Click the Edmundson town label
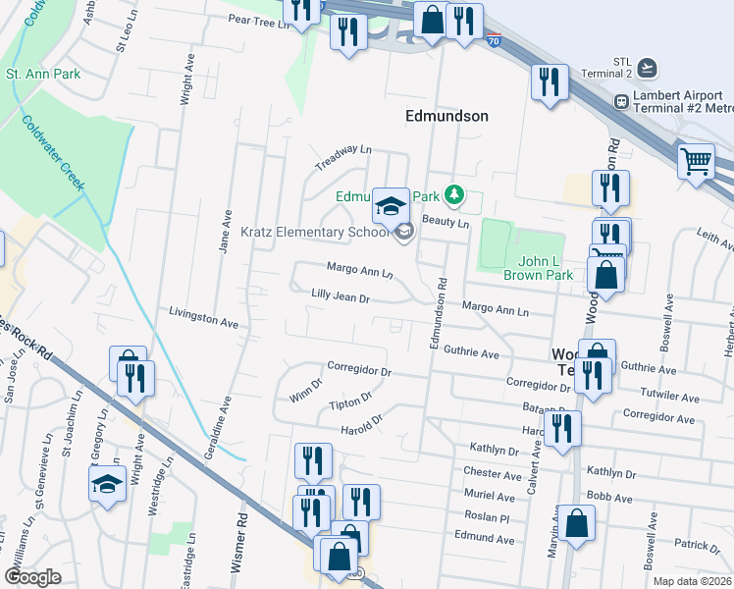click(446, 116)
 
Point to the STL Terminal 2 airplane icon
click(646, 67)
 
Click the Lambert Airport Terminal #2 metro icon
click(620, 101)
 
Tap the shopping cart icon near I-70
click(696, 160)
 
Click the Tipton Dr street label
click(350, 402)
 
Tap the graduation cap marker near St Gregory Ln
click(106, 484)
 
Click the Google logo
click(33, 577)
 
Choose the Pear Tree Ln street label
click(260, 19)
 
